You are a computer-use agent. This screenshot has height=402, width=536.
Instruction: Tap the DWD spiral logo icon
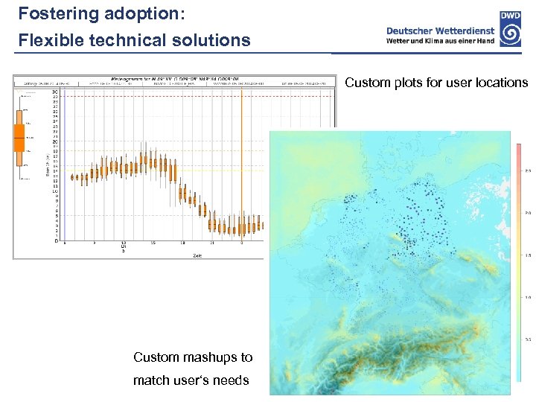click(510, 33)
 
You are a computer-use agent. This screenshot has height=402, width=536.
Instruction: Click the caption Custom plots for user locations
click(436, 83)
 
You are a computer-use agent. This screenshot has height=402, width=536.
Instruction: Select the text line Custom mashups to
click(193, 357)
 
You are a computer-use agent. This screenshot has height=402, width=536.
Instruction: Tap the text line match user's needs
click(191, 380)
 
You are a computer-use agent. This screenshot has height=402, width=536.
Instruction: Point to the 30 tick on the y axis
click(55, 92)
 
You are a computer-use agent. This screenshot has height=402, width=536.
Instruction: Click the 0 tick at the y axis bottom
click(56, 240)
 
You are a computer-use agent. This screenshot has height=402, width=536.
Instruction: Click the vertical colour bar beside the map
click(517, 261)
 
